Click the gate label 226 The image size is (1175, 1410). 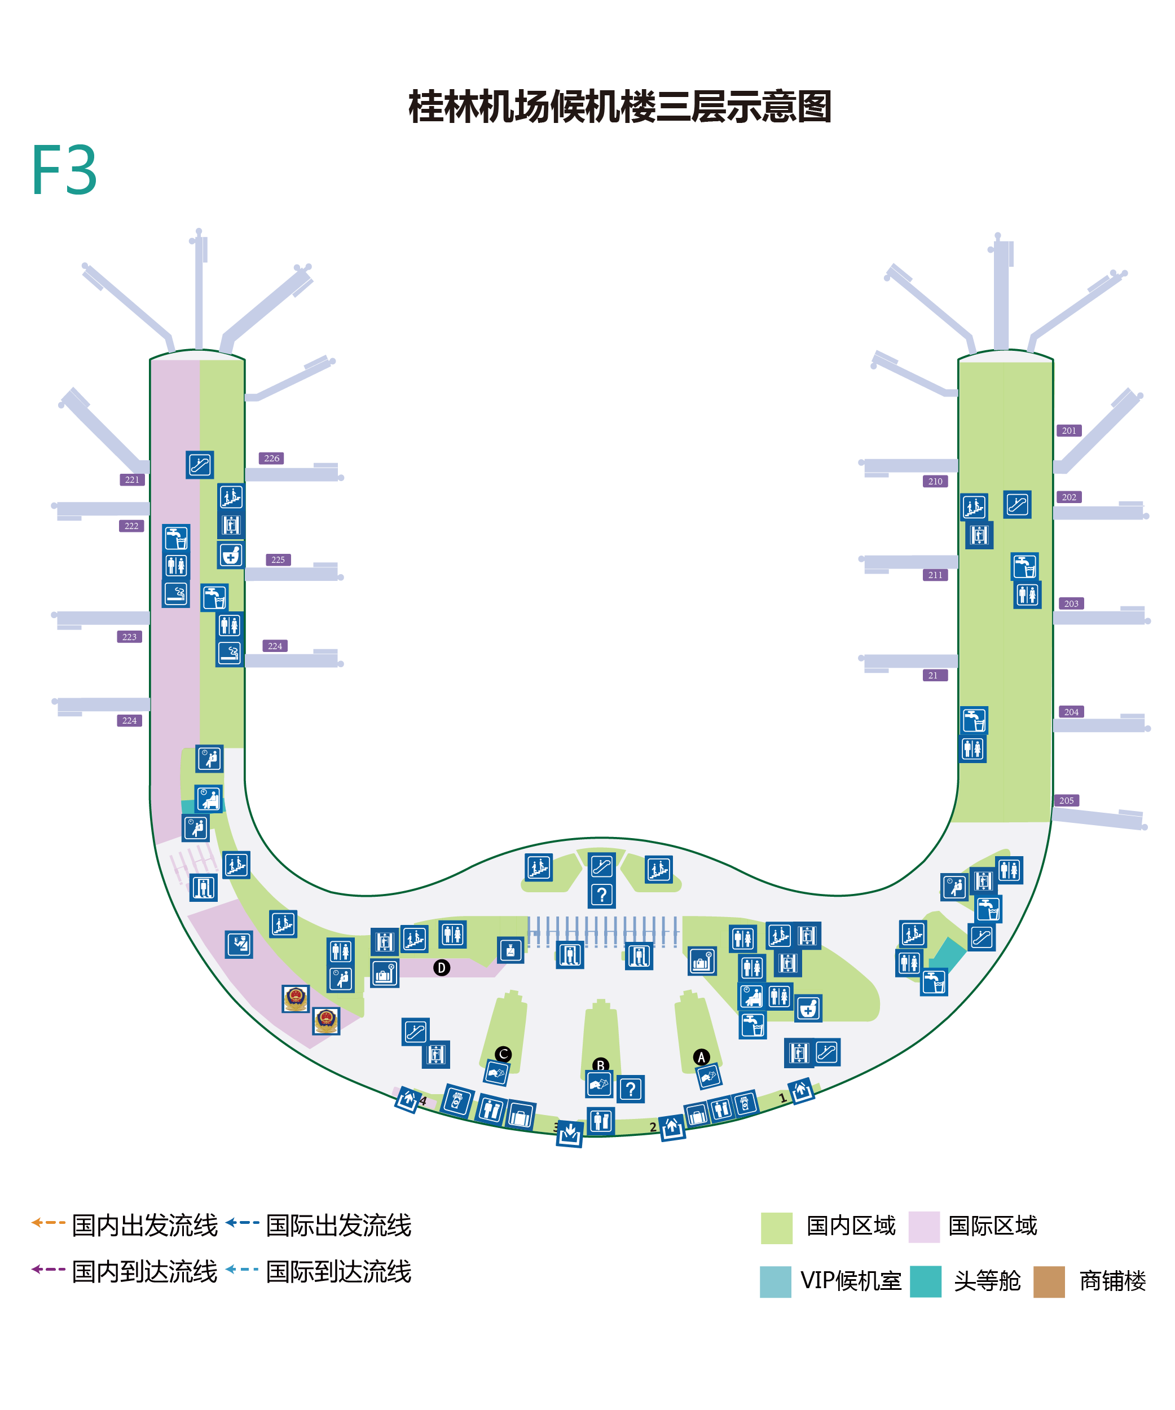(271, 459)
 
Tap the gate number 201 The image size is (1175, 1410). (1069, 430)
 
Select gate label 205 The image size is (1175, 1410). (1066, 800)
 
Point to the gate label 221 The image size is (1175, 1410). (132, 479)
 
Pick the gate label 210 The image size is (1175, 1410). (935, 482)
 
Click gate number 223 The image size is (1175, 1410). (130, 637)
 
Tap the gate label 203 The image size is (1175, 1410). (1071, 603)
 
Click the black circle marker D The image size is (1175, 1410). (441, 967)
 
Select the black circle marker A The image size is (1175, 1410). (701, 1057)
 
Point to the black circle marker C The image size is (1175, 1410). (503, 1054)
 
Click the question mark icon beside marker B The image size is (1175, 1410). (631, 1089)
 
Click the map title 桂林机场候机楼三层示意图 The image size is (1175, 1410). (620, 107)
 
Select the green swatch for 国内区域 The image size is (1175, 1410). (776, 1227)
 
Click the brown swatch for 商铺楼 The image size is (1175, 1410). (1049, 1282)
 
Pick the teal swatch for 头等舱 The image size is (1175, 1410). (925, 1282)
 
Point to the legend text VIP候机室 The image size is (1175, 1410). (851, 1281)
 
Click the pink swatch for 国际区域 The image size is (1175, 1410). (924, 1227)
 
